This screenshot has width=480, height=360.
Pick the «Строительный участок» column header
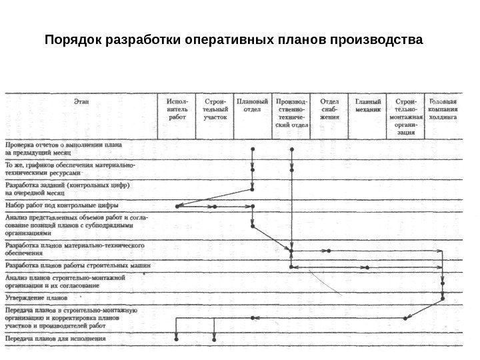point(215,109)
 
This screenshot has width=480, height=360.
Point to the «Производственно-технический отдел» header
point(291,113)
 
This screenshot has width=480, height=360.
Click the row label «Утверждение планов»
point(37,297)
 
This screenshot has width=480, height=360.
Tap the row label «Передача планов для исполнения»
point(56,339)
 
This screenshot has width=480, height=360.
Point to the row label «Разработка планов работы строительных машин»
point(78,266)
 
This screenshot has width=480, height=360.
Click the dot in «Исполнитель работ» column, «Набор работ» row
point(177,207)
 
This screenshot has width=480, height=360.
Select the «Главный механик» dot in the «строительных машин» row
point(368,267)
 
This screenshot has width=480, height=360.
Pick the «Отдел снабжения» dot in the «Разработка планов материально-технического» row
point(329,251)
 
